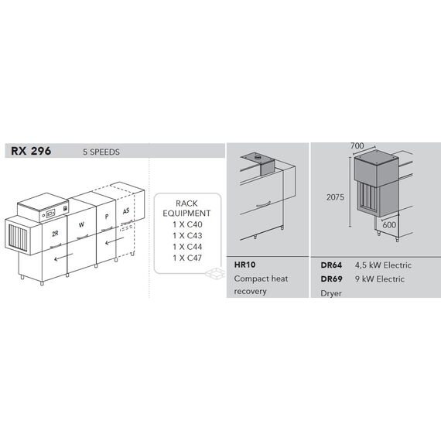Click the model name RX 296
[x=31, y=151]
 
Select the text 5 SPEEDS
[x=101, y=152]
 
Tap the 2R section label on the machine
[x=55, y=234]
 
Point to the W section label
[x=81, y=224]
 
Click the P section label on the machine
[x=107, y=217]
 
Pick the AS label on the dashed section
[x=126, y=210]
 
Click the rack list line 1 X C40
[x=187, y=224]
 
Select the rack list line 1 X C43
[x=187, y=235]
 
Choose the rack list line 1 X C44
[x=187, y=247]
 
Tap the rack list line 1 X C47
[x=187, y=258]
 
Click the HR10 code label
[x=244, y=265]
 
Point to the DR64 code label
[x=331, y=265]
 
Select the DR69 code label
[x=331, y=279]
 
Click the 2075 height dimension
[x=335, y=197]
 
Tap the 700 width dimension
[x=357, y=145]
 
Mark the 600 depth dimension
[x=389, y=224]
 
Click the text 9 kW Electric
[x=380, y=279]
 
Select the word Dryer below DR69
[x=331, y=293]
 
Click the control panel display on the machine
[x=50, y=214]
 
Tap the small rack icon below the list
[x=215, y=273]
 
